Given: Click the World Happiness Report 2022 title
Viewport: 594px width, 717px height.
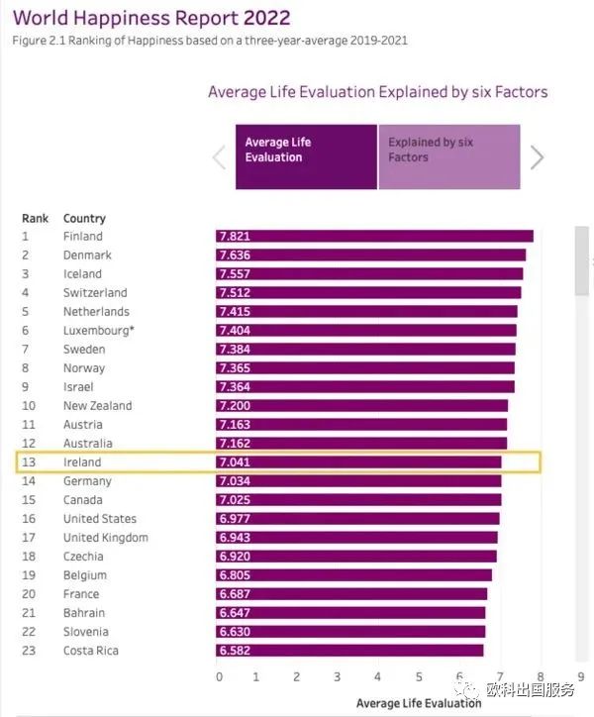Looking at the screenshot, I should click(150, 18).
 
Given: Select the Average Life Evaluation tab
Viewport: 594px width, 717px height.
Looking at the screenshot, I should click(306, 156).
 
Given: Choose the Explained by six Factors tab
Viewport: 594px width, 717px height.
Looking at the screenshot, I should click(448, 156).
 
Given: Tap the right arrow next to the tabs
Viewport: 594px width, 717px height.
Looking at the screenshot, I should click(538, 157).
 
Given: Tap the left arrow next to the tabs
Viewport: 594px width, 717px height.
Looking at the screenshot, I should click(220, 157).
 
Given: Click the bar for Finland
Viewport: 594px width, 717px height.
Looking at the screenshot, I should click(374, 236).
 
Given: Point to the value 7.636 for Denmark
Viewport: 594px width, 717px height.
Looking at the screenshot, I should click(235, 255).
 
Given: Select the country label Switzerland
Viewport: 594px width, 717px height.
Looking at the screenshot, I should click(95, 293).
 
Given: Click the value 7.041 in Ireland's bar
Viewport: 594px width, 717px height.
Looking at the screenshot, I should click(235, 462).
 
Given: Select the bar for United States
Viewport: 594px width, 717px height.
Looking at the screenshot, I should click(357, 519).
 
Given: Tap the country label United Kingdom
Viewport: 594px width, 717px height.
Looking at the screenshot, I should click(106, 538).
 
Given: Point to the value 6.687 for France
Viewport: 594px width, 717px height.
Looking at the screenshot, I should click(235, 594).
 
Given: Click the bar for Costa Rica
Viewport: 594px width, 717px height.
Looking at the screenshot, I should click(349, 651).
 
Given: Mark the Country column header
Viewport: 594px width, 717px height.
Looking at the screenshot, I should click(84, 218).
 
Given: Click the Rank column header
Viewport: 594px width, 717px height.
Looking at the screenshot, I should click(35, 218).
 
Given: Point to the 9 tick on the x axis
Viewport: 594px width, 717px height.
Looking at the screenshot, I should click(581, 677).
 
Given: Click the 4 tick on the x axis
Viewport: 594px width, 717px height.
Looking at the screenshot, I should click(378, 677).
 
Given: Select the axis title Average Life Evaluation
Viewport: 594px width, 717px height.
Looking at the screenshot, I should click(419, 703).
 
